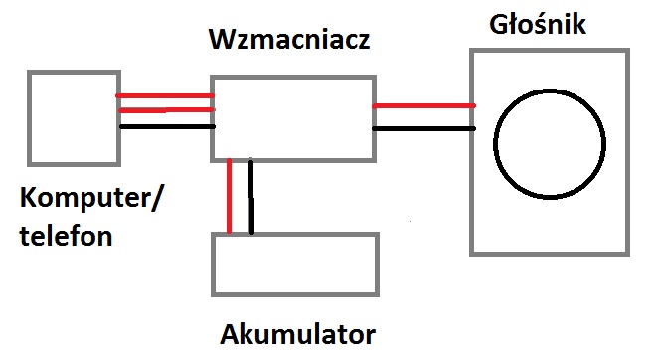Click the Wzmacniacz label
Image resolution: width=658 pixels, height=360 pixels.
[x=289, y=40]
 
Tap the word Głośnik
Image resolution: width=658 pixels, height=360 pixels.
[x=538, y=24]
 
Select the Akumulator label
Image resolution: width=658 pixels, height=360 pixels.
[x=297, y=335]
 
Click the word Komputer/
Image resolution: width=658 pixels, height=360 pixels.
[x=89, y=198]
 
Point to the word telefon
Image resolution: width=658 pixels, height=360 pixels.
[x=66, y=235]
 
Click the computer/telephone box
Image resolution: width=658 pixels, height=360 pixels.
[x=30, y=118]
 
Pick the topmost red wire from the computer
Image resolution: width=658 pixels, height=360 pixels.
[x=165, y=96]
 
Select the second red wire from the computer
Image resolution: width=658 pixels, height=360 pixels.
[x=167, y=110]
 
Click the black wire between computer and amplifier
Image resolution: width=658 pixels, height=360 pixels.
[x=167, y=126]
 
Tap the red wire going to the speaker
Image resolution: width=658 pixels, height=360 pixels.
[x=423, y=106]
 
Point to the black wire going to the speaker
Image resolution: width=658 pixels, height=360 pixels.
[x=423, y=128]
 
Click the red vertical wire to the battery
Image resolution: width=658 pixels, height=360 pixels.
[x=229, y=196]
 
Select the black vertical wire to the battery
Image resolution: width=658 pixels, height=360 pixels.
[x=251, y=196]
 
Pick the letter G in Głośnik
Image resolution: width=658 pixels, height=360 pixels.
[x=499, y=24]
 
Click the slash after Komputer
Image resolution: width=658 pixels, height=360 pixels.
[x=154, y=198]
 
